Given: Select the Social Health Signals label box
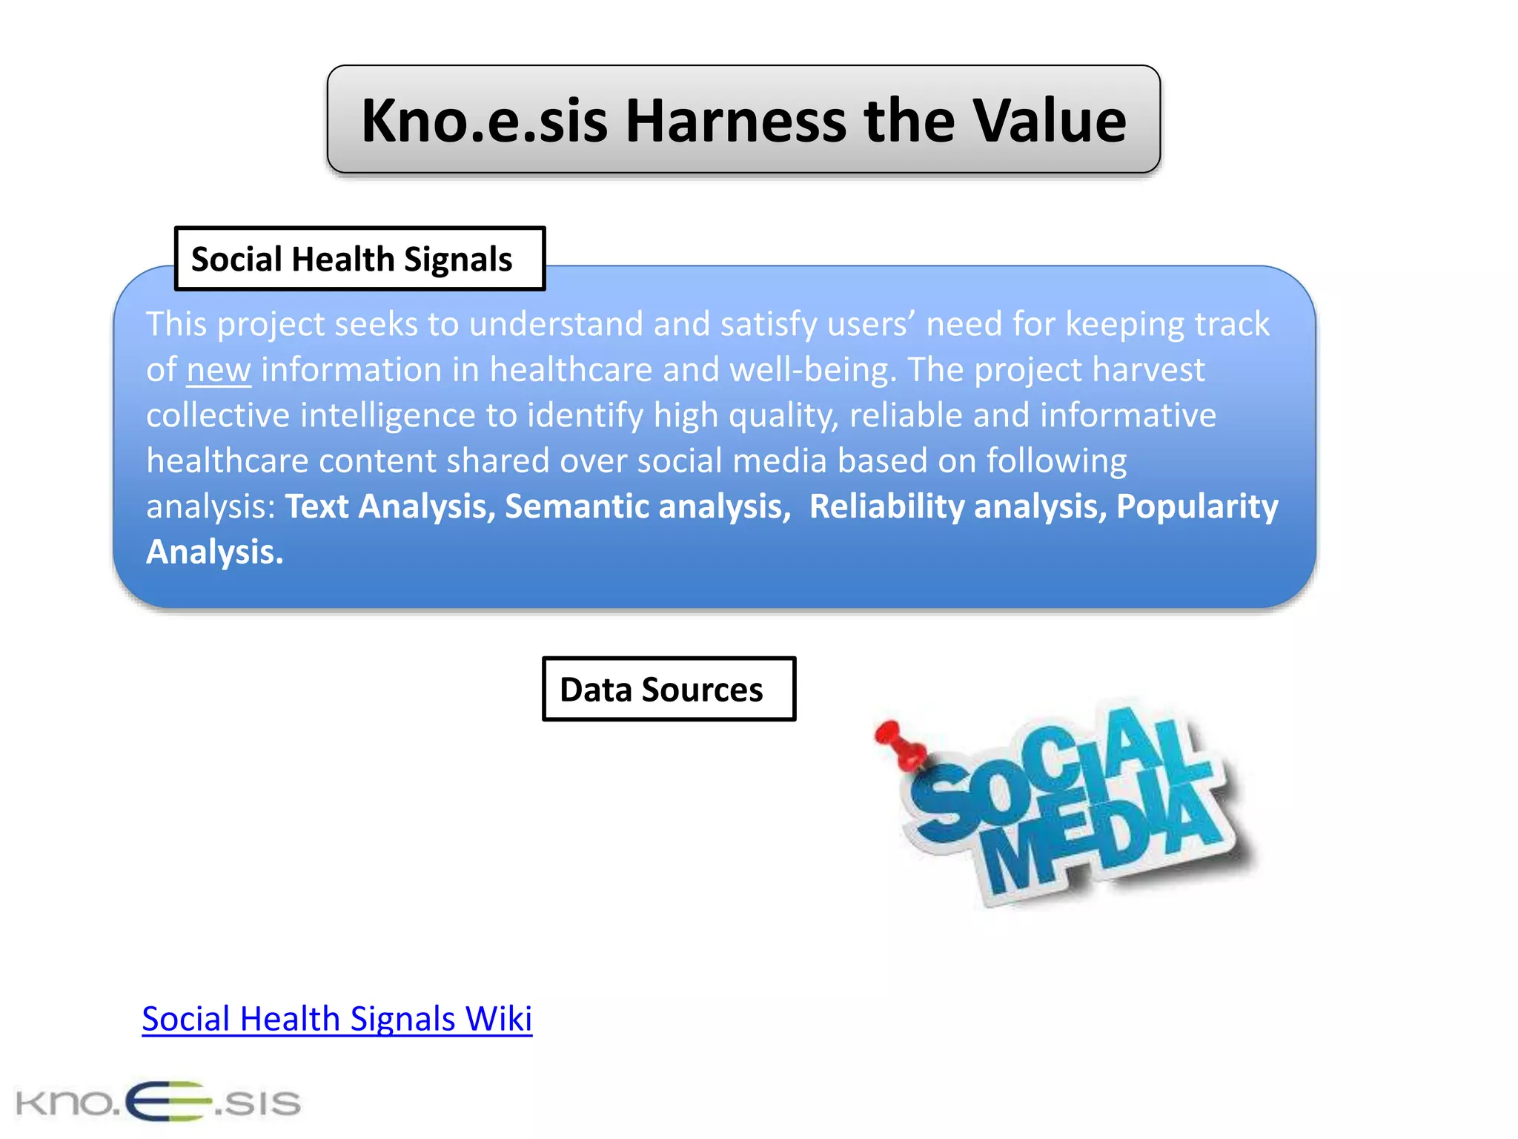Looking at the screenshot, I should click(x=359, y=259).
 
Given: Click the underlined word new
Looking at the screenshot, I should click(x=219, y=370).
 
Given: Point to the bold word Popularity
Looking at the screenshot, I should click(x=1197, y=506).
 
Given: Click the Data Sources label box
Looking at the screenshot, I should click(x=669, y=689).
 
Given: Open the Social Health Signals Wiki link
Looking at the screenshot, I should click(x=337, y=1019).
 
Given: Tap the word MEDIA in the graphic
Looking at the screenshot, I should click(x=1104, y=842).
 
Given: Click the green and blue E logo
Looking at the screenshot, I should click(x=168, y=1101).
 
